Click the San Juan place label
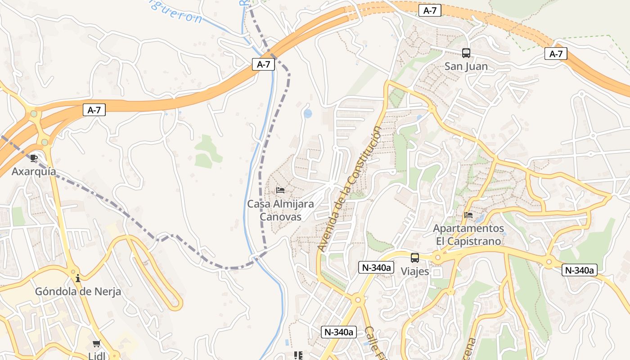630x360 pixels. (x=466, y=67)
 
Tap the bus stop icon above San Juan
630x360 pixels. (x=466, y=53)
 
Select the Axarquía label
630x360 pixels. (x=34, y=171)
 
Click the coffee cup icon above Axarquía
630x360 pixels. (x=34, y=158)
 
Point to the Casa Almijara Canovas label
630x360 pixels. (x=280, y=210)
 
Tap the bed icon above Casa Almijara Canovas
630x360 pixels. (x=280, y=190)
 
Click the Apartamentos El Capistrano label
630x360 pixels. (x=468, y=234)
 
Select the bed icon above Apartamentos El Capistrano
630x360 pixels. (x=468, y=215)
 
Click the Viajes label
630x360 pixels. (x=414, y=272)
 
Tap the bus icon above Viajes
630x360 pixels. (x=414, y=258)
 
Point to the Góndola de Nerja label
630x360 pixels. (x=78, y=292)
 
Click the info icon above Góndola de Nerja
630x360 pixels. (x=78, y=278)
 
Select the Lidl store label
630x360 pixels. (x=96, y=356)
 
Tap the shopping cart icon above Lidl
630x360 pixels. (x=96, y=344)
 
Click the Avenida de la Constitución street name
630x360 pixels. (x=349, y=189)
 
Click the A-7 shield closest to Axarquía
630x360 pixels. (x=94, y=110)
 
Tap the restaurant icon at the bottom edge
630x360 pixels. (x=297, y=356)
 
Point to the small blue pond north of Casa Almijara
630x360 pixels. (x=308, y=113)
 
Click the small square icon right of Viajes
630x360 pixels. (x=437, y=273)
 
